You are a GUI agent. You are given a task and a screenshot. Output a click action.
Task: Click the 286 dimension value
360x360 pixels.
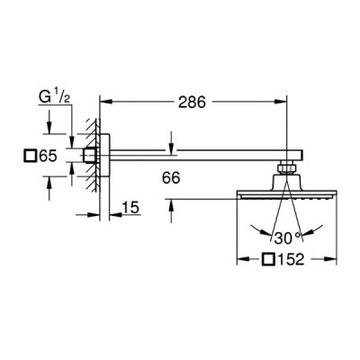click(192, 103)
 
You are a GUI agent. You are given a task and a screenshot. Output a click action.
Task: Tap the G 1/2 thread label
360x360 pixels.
click(55, 96)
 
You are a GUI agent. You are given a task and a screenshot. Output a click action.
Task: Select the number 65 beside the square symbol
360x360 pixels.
click(48, 156)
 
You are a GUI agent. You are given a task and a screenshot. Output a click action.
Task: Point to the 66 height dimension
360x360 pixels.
click(171, 178)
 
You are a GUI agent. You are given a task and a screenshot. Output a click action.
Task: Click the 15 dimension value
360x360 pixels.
click(130, 208)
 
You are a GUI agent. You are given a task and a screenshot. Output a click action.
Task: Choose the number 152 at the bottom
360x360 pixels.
click(290, 259)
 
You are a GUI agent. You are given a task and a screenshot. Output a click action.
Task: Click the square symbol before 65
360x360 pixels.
click(30, 156)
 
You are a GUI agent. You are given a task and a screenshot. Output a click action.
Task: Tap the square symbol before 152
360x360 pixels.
click(268, 259)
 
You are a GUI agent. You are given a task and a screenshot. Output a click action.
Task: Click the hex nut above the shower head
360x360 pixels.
click(287, 167)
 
